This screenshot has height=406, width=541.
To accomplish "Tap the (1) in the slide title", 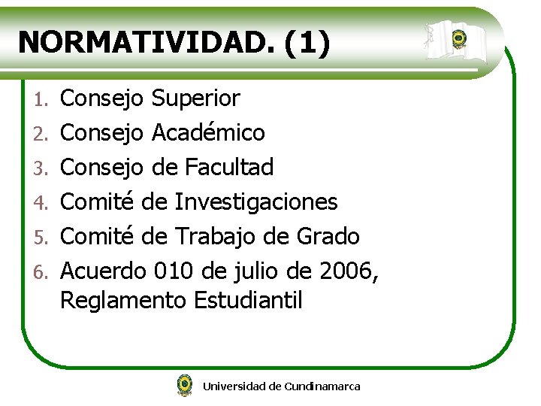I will (307, 42).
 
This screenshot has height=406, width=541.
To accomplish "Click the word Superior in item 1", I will (195, 98).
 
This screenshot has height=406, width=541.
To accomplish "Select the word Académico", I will (208, 133).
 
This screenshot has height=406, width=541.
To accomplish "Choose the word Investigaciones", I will (256, 201).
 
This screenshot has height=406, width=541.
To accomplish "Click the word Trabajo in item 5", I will (216, 236).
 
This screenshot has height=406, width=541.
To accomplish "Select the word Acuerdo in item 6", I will (102, 270).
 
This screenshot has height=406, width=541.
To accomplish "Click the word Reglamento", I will (123, 301).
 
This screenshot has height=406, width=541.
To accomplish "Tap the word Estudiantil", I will (248, 301).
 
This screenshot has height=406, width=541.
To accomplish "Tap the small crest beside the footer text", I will (184, 385).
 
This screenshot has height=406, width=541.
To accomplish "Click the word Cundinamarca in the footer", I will (322, 386).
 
